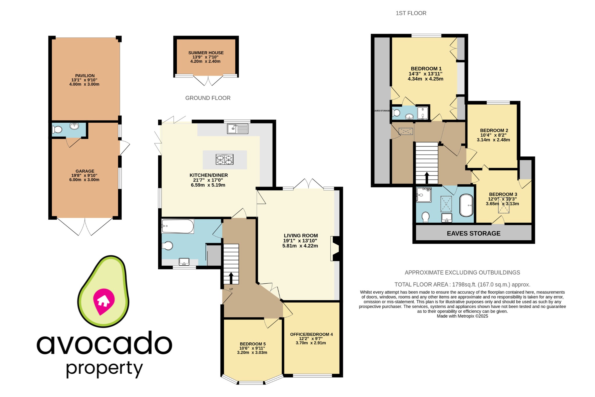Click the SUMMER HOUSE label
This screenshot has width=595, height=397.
(x=206, y=53)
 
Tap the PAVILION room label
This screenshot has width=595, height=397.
(x=85, y=76)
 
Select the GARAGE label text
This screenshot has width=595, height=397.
(x=85, y=171)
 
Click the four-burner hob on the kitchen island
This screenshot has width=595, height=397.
(x=224, y=160)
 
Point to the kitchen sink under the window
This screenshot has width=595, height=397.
(x=238, y=129)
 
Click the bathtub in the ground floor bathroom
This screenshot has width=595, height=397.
(x=178, y=226)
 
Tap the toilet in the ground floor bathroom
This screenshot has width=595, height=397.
(x=167, y=246)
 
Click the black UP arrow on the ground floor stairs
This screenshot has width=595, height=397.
(x=231, y=278)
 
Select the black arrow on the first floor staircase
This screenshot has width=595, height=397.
(x=426, y=178)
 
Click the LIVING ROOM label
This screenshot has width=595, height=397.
(x=301, y=236)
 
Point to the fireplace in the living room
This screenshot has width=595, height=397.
(x=334, y=248)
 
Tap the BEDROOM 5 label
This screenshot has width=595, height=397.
(x=252, y=344)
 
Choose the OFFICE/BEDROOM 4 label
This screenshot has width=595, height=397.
(x=311, y=335)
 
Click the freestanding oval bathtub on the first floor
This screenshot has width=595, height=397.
(x=466, y=205)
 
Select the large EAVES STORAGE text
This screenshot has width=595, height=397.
(x=473, y=233)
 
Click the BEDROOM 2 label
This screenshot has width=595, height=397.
(x=494, y=130)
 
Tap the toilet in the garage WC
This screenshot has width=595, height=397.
(x=57, y=130)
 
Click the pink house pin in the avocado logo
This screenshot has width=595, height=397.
(x=103, y=301)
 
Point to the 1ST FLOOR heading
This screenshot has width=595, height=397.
(x=411, y=13)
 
